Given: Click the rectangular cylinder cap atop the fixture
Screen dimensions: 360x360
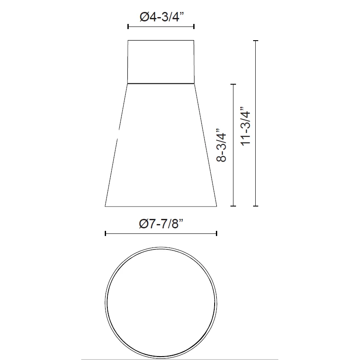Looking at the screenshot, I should coord(161,62).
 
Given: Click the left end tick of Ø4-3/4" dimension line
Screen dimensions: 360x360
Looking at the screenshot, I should coord(128,27).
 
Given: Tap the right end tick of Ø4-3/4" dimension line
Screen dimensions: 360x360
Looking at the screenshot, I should coord(194,27).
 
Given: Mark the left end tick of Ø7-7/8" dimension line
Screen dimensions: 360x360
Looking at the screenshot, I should coord(105,233).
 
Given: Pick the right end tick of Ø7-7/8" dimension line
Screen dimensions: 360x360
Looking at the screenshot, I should coord(217,233).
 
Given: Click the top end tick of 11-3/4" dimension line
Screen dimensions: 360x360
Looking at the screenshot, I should coord(256,41).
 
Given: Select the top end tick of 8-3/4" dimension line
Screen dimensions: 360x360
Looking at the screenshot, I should coord(233,84).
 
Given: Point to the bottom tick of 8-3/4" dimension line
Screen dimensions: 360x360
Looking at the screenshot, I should coord(233,206).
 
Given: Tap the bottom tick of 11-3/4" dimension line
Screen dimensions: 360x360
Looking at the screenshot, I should coord(256,206).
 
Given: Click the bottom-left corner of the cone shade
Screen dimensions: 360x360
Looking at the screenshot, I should coord(105,206).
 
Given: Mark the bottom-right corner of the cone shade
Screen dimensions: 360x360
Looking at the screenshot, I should coord(217,206).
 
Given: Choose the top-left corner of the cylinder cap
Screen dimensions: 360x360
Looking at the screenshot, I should coord(128,41).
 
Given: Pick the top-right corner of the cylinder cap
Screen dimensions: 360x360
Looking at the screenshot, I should coord(194,41).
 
